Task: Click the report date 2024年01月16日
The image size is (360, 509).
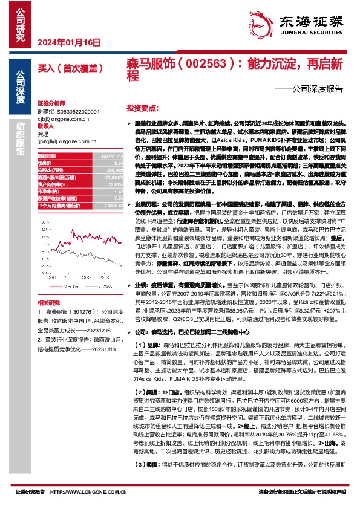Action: (x=68, y=42)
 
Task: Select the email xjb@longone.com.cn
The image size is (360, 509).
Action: (x=63, y=119)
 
